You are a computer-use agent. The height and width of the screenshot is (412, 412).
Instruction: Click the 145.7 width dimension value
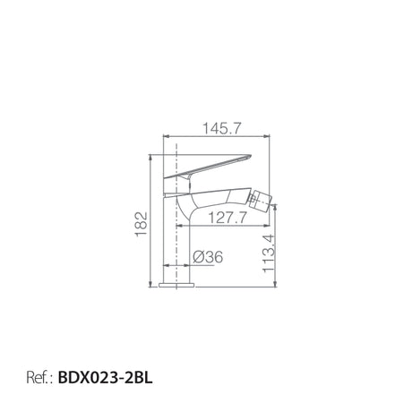coord(221,129)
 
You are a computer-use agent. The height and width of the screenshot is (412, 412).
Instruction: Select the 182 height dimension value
coord(142,224)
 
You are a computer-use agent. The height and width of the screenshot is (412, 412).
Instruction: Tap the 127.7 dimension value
coord(227,218)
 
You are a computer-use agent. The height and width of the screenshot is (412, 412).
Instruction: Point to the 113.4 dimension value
coord(269,253)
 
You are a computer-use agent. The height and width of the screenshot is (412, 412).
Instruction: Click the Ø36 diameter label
coord(208,257)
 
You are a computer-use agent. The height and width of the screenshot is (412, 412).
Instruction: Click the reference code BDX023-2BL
coord(105,377)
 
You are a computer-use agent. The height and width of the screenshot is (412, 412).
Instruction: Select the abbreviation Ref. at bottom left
coord(38,378)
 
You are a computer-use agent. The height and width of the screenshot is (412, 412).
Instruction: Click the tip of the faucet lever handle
coord(251,156)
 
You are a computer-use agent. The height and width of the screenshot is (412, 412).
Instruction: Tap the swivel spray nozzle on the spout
coord(260,201)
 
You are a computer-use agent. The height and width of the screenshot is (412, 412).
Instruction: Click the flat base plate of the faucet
coord(176,285)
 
